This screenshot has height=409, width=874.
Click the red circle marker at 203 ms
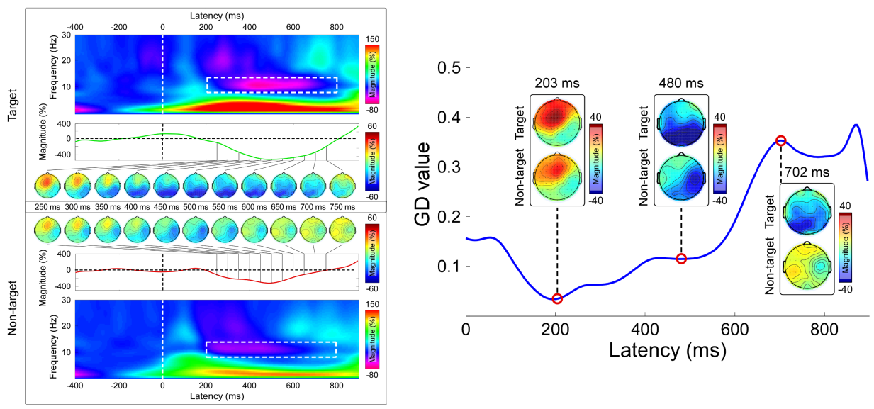coord(556,298)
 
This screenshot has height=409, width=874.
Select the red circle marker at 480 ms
coord(681,258)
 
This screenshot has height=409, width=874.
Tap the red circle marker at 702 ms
coord(780,140)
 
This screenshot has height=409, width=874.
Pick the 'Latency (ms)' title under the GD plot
coord(667,350)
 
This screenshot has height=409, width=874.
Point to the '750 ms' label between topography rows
coord(344,206)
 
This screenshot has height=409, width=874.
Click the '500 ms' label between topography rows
coord(196,206)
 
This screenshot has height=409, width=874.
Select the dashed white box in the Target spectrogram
coord(271,84)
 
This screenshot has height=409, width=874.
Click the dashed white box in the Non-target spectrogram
coord(271,349)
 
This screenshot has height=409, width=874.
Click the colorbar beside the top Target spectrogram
coord(371,74)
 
